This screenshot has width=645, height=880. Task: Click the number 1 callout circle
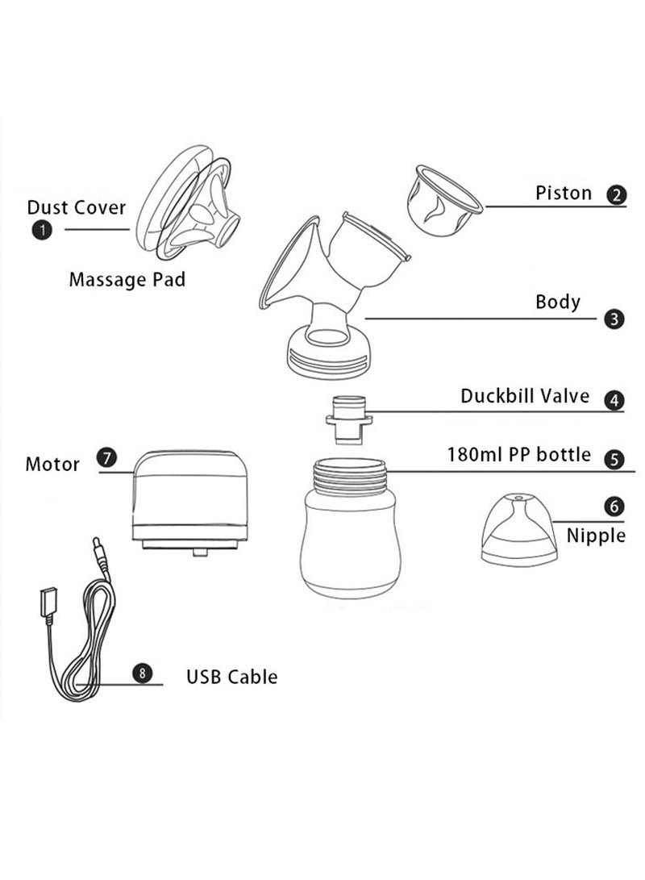coord(40,230)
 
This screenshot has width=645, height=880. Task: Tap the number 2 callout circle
coord(617,195)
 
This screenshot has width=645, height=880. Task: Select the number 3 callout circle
coord(614,319)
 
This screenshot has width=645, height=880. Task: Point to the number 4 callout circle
coord(614,400)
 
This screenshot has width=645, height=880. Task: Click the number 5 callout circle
coord(614,460)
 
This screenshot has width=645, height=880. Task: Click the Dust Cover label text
coord(77,207)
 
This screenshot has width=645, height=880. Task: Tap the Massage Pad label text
coord(127,280)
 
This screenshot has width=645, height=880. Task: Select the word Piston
coord(564,194)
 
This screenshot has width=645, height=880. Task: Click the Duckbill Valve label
coord(525,396)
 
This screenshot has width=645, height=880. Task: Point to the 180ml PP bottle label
coord(518,455)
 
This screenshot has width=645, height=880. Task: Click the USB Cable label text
coord(231,676)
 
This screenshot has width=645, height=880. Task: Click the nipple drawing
coord(516,529)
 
